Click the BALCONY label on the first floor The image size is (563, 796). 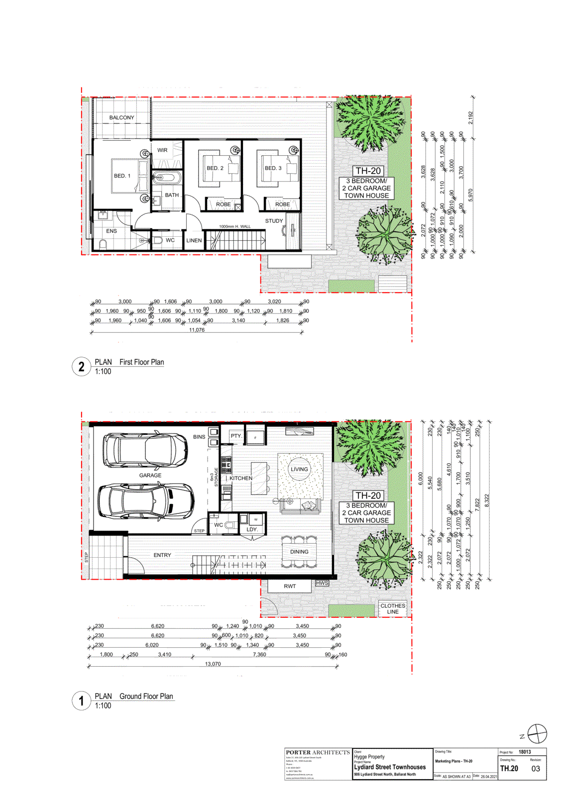click(x=121, y=117)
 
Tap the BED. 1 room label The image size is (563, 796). click(x=122, y=176)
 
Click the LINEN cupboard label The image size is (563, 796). click(x=194, y=240)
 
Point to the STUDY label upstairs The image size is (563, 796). click(x=274, y=221)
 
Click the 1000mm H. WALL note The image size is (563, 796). click(x=235, y=227)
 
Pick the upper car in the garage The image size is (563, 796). click(x=145, y=450)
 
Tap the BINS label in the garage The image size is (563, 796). click(x=199, y=437)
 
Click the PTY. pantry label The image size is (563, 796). click(x=236, y=436)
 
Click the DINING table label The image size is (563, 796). click(x=299, y=552)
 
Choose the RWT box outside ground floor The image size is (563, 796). click(x=290, y=586)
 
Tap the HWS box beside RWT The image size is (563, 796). click(x=322, y=583)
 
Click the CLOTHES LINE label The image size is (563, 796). click(x=393, y=608)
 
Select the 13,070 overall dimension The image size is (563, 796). click(x=213, y=664)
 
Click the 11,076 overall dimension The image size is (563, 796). click(x=197, y=330)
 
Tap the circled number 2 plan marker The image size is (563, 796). click(x=82, y=367)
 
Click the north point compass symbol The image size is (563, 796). click(x=537, y=734)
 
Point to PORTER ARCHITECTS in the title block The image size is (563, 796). click(x=318, y=752)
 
